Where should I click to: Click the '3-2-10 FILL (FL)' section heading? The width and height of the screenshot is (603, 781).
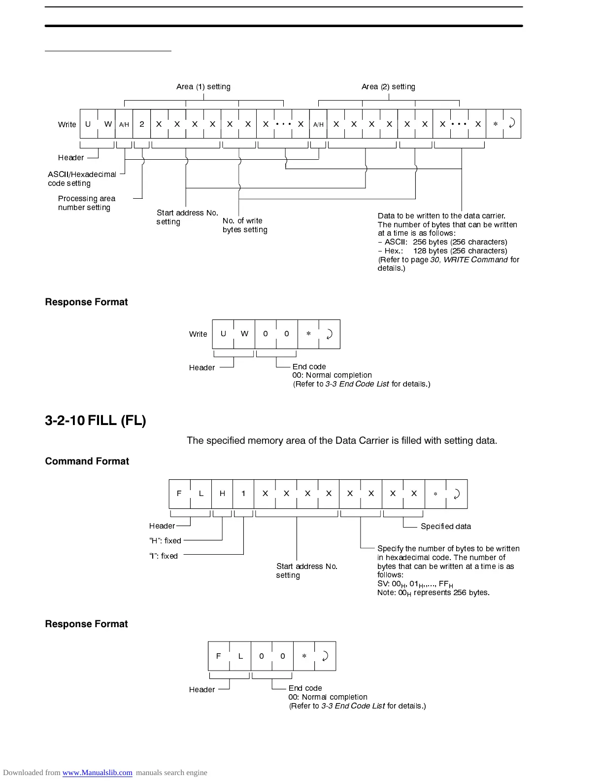pyautogui.click(x=96, y=421)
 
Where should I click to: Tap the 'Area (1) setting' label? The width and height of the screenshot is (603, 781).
pyautogui.click(x=203, y=87)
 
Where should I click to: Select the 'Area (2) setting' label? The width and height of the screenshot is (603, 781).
pyautogui.click(x=388, y=87)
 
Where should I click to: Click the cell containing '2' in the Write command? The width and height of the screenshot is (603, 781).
pyautogui.click(x=142, y=124)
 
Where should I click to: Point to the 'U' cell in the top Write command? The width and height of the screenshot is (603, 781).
pyautogui.click(x=88, y=124)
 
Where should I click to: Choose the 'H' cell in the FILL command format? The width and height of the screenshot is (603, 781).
pyautogui.click(x=222, y=494)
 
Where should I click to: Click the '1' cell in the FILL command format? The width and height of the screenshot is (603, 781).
pyautogui.click(x=243, y=494)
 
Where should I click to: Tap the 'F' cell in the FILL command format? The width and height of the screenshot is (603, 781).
pyautogui.click(x=179, y=494)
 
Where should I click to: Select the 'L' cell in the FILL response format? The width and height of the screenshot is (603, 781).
pyautogui.click(x=240, y=656)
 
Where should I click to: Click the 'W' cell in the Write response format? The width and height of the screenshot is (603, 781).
pyautogui.click(x=244, y=334)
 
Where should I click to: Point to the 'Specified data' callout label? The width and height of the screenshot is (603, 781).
pyautogui.click(x=445, y=526)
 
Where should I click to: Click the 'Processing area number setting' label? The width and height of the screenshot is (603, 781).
pyautogui.click(x=87, y=203)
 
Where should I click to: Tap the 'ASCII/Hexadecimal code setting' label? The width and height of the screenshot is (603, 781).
pyautogui.click(x=82, y=178)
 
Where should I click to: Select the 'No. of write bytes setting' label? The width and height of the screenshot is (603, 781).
pyautogui.click(x=245, y=225)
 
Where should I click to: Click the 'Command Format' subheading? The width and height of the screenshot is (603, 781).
pyautogui.click(x=87, y=461)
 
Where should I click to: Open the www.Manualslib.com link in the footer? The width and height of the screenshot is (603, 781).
pyautogui.click(x=97, y=773)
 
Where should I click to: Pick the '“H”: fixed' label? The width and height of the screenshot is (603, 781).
pyautogui.click(x=165, y=541)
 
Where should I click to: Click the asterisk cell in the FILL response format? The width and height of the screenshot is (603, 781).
pyautogui.click(x=304, y=656)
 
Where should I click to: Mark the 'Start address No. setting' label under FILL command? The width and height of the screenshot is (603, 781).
pyautogui.click(x=306, y=570)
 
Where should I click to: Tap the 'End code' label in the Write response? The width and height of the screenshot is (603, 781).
pyautogui.click(x=309, y=366)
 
